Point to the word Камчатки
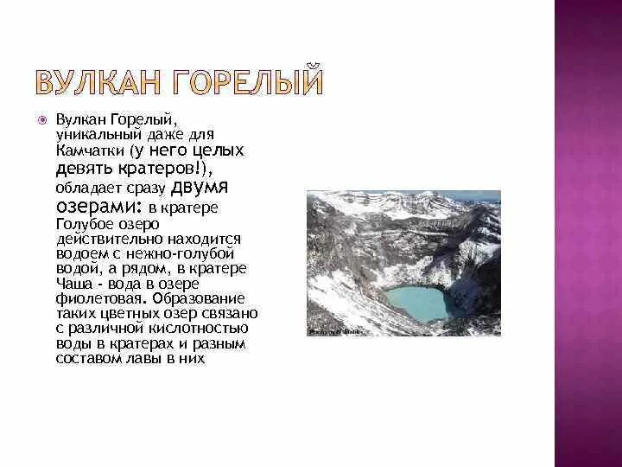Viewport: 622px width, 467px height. click(86, 150)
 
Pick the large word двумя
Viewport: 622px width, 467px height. click(211, 188)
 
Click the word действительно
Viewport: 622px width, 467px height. click(101, 239)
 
